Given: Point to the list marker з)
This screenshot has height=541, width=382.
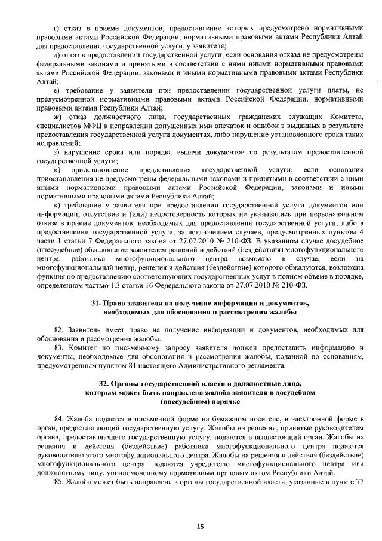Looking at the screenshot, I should tap(56, 152).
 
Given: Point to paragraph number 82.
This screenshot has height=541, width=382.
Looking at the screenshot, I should tap(58, 329).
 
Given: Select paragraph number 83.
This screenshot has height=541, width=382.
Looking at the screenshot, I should tap(58, 347).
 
